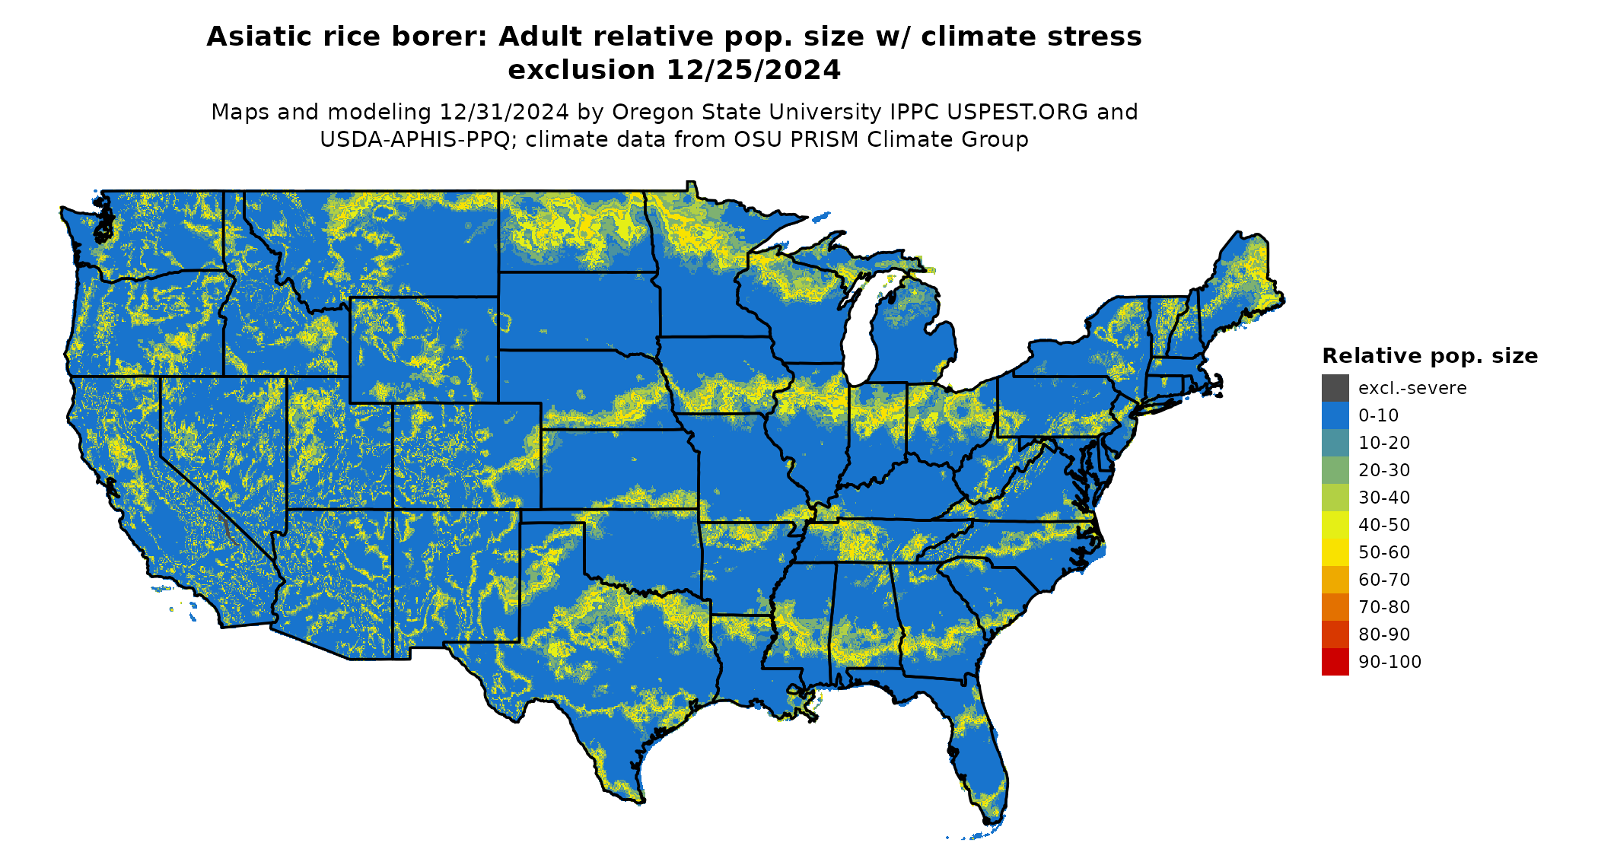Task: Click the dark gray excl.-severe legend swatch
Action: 1335,388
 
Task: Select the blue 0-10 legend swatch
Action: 1335,415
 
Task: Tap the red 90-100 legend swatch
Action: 1335,662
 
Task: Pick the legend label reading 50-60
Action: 1384,552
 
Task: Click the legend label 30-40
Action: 1384,498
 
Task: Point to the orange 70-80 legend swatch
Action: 1335,607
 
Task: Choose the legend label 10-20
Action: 1384,443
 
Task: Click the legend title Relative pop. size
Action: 1429,356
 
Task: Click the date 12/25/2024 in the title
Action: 753,70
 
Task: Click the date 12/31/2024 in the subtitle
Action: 504,112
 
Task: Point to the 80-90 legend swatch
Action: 1335,634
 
